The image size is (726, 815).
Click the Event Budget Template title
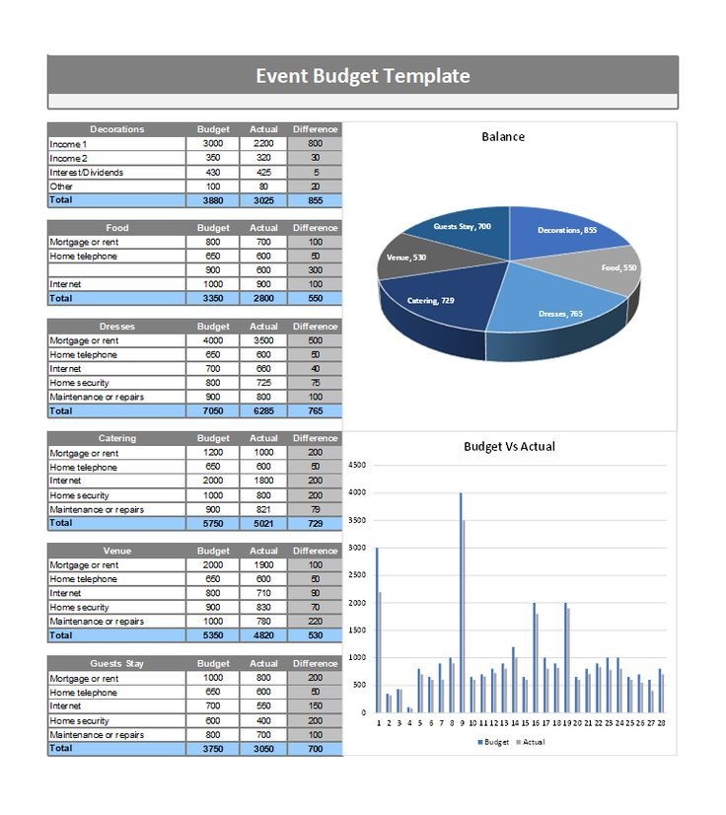362,76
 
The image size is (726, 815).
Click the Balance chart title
503,136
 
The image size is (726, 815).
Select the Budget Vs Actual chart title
509,446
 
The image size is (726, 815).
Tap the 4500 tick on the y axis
357,465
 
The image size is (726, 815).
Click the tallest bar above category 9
460,602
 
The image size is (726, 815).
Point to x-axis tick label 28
660,722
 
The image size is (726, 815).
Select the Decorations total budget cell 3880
213,200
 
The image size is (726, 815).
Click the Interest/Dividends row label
87,172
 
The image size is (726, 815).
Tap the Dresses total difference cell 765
315,410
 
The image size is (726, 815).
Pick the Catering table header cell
116,438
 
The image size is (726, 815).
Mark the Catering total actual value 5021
263,523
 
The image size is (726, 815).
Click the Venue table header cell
116,551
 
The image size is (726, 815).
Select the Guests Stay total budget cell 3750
213,749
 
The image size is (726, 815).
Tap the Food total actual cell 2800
263,298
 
